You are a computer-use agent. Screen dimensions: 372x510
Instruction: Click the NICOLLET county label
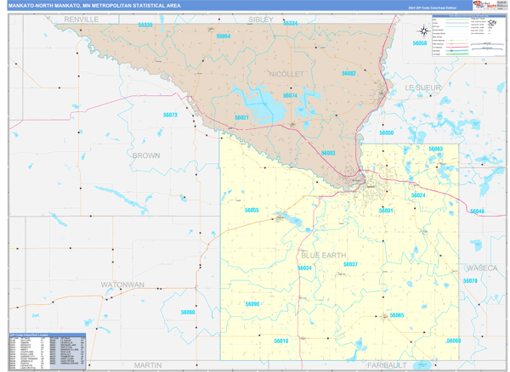coord(286,75)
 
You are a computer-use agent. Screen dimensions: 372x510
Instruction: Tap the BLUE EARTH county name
coord(324,255)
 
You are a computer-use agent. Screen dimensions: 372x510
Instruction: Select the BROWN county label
coord(145,156)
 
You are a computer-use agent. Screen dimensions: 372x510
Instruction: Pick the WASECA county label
coord(480,268)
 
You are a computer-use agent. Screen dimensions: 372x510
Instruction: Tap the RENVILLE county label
coord(82,18)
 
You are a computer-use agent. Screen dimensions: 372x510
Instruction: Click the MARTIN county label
coord(147,364)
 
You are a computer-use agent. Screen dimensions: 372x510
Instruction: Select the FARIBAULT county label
coord(387,364)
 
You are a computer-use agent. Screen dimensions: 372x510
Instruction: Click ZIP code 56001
coord(387,210)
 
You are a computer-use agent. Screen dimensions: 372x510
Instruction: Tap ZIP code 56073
coord(170,115)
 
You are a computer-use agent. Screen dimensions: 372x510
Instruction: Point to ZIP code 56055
coord(252,210)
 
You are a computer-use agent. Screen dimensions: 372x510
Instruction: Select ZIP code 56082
coord(348,74)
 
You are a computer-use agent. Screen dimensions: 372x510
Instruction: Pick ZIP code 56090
coord(252,303)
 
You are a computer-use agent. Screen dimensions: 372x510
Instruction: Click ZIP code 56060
coord(187,313)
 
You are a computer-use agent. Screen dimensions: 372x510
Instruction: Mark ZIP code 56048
coord(476,211)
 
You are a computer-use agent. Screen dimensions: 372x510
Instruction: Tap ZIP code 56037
coord(350,265)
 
